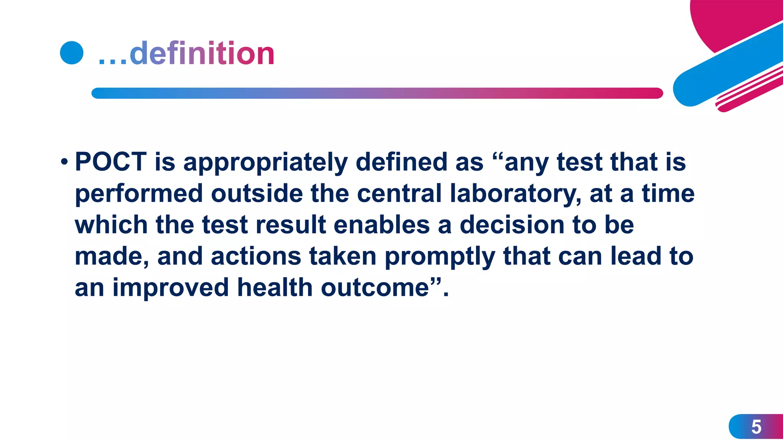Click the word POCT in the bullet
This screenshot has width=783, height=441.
pyautogui.click(x=111, y=162)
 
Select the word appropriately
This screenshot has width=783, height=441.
pyautogui.click(x=265, y=162)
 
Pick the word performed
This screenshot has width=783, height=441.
pyautogui.click(x=138, y=194)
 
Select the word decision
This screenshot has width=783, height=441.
pyautogui.click(x=512, y=225)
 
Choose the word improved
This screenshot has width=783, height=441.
pyautogui.click(x=171, y=288)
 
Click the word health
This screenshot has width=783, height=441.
pyautogui.click(x=275, y=287)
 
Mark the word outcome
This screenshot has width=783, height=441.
pyautogui.click(x=375, y=287)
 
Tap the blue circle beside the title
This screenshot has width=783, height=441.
pyautogui.click(x=72, y=52)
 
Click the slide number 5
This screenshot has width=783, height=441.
pyautogui.click(x=756, y=426)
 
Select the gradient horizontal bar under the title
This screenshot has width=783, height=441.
pyautogui.click(x=377, y=93)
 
